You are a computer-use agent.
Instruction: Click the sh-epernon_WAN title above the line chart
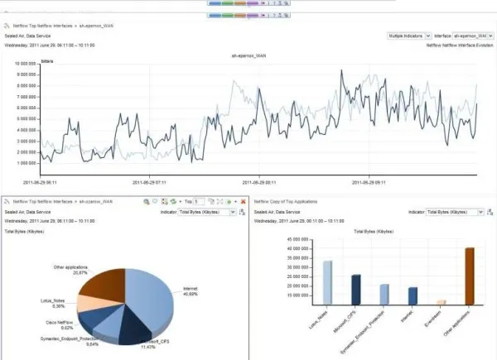tap(251, 55)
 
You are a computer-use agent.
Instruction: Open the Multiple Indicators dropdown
tap(409, 36)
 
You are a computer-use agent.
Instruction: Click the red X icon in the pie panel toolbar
tap(243, 201)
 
